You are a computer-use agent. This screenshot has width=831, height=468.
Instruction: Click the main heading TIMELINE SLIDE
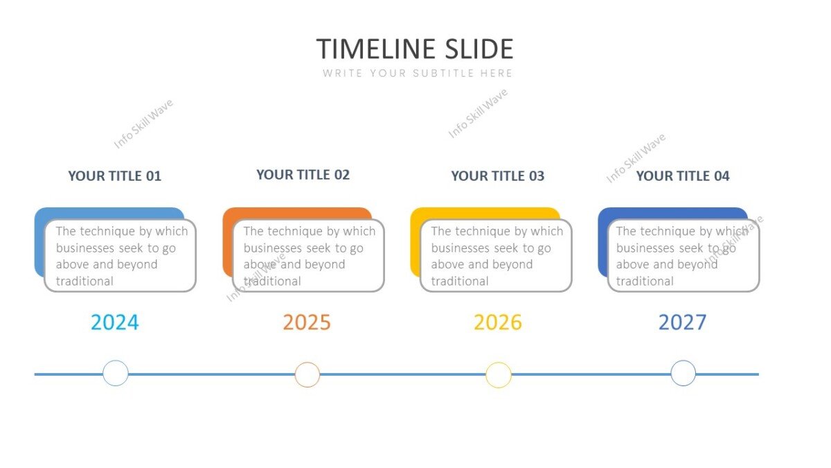(x=415, y=49)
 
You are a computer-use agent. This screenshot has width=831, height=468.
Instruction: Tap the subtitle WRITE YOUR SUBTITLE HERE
(x=418, y=73)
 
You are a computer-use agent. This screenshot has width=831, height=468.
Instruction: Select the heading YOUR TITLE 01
(x=114, y=176)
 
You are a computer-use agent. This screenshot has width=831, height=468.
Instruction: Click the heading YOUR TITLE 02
(x=303, y=175)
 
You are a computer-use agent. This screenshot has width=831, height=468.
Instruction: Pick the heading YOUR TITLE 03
(x=497, y=176)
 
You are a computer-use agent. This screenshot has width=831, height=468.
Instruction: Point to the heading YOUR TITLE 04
(x=682, y=176)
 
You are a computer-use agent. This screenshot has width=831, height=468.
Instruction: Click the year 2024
(x=115, y=322)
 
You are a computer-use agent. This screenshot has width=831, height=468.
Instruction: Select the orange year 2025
(x=307, y=322)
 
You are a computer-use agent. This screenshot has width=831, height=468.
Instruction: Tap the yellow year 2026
(x=498, y=322)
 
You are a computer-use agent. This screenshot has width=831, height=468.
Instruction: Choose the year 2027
(x=682, y=322)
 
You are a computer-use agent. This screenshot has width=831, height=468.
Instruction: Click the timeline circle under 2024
(x=116, y=374)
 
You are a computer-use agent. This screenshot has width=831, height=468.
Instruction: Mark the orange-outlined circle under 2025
(x=307, y=374)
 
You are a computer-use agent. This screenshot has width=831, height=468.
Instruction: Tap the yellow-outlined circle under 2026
(x=499, y=375)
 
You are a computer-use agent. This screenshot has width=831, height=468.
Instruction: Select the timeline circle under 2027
(x=683, y=374)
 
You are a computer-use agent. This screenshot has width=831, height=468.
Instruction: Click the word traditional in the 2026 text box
(x=460, y=281)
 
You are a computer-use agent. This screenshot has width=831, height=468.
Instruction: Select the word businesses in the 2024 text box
(x=85, y=248)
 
